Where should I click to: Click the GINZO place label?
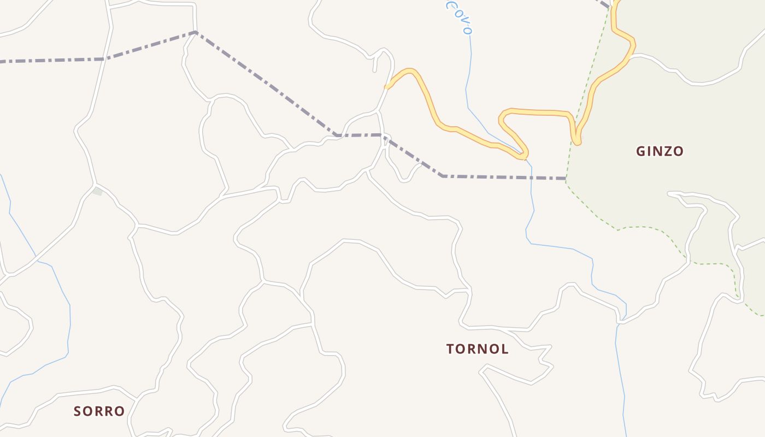click(x=660, y=151)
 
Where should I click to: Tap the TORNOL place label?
click(x=478, y=349)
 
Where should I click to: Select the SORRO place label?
click(x=99, y=411)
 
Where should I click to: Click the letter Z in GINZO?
click(x=665, y=151)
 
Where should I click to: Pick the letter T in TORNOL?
click(x=450, y=349)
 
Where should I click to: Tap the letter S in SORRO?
click(x=78, y=411)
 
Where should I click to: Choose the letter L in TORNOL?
click(x=505, y=349)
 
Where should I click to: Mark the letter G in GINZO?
click(x=641, y=151)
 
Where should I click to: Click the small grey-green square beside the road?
click(x=98, y=191)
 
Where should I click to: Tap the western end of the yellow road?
click(x=387, y=86)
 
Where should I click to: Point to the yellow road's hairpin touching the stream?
click(x=523, y=157)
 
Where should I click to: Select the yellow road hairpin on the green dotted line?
click(x=577, y=141)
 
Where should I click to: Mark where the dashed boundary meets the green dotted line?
click(x=566, y=179)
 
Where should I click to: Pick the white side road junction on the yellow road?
click(x=631, y=56)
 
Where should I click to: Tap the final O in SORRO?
click(x=120, y=411)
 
